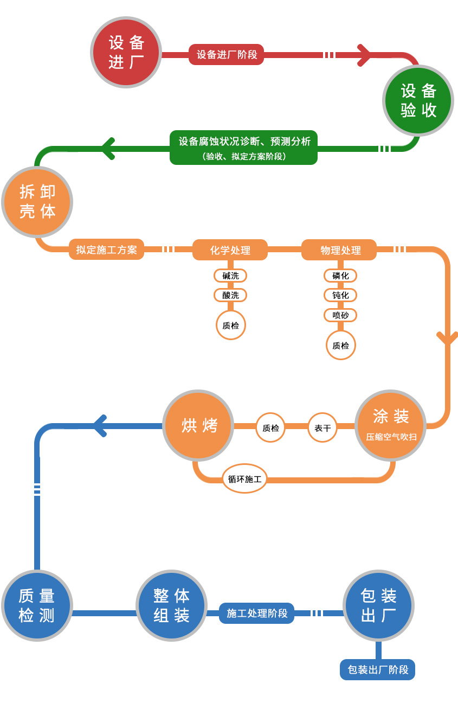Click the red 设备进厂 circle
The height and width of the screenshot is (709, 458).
click(126, 52)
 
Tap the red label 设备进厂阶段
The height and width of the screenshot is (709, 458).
click(227, 55)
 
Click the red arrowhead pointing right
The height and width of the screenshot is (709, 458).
click(364, 55)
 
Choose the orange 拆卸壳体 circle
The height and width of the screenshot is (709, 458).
click(37, 202)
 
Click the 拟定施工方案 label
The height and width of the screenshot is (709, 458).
click(106, 250)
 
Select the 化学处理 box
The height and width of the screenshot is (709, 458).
click(230, 250)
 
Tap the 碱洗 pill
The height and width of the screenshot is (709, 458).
click(230, 276)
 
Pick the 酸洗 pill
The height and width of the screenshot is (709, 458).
click(230, 295)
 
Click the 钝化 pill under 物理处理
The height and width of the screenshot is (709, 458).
click(340, 295)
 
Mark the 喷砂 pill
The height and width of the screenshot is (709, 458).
click(340, 315)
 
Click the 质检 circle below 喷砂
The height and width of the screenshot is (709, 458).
click(340, 345)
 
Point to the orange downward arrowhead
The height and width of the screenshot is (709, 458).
click(447, 338)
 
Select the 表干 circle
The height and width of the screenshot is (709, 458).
click(322, 428)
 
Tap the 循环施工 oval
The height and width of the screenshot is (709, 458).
click(244, 479)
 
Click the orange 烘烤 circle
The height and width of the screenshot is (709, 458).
click(198, 426)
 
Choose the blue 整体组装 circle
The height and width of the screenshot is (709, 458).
click(171, 605)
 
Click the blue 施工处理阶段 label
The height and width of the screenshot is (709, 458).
click(256, 614)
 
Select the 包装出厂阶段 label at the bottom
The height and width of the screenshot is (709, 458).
click(377, 670)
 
